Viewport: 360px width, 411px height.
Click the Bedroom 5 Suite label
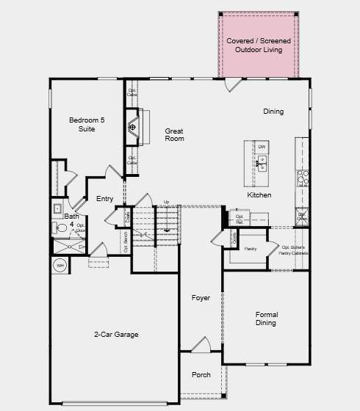click(x=82, y=124)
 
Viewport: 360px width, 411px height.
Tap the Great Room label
click(x=174, y=134)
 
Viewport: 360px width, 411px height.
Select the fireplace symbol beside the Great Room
click(x=133, y=128)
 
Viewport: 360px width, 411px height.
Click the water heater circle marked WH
click(x=60, y=265)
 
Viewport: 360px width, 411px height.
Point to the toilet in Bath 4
click(x=62, y=229)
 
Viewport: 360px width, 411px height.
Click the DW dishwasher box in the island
click(x=262, y=148)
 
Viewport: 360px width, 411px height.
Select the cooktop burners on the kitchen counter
click(x=302, y=177)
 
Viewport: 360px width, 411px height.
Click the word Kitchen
click(x=259, y=195)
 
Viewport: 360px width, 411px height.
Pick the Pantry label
click(x=250, y=250)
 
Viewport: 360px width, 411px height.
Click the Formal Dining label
click(x=266, y=319)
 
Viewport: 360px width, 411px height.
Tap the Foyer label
click(x=201, y=298)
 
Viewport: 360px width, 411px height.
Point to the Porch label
click(x=201, y=375)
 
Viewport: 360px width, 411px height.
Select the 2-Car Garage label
click(x=116, y=335)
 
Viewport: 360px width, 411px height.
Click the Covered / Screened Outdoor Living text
click(x=259, y=45)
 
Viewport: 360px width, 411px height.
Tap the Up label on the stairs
click(x=166, y=202)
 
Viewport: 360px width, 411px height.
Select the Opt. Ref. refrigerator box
click(x=240, y=218)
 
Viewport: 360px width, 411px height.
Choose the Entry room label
click(x=105, y=199)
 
